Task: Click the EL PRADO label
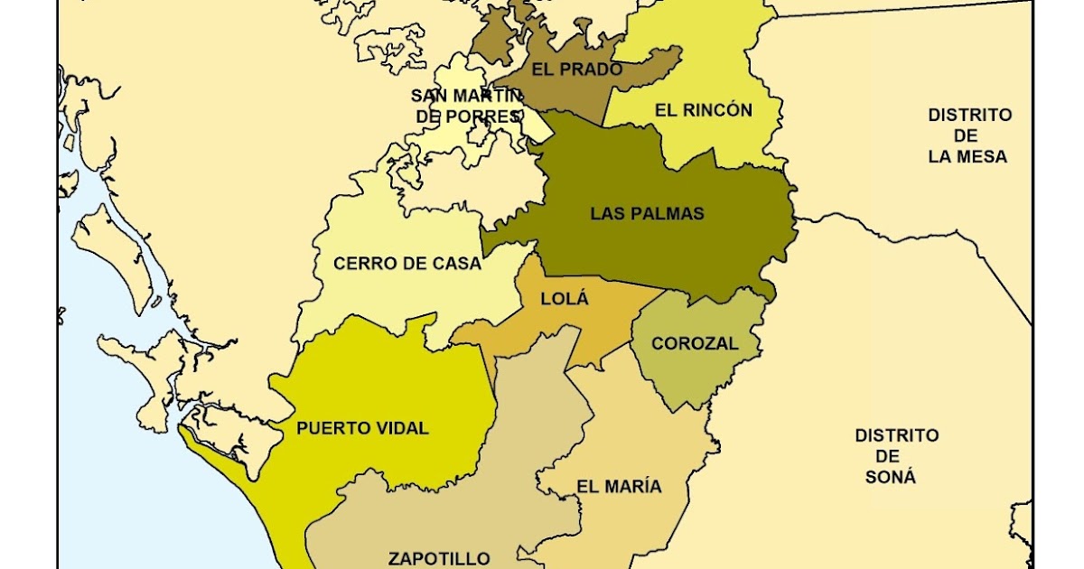coord(576,70)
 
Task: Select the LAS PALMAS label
coord(647,214)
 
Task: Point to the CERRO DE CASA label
coord(407,264)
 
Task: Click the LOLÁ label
coord(565,299)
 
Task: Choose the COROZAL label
coord(695,343)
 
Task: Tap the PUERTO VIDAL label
coord(362,428)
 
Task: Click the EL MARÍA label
coord(619,486)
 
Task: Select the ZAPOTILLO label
coord(439,558)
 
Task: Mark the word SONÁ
coord(890,477)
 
